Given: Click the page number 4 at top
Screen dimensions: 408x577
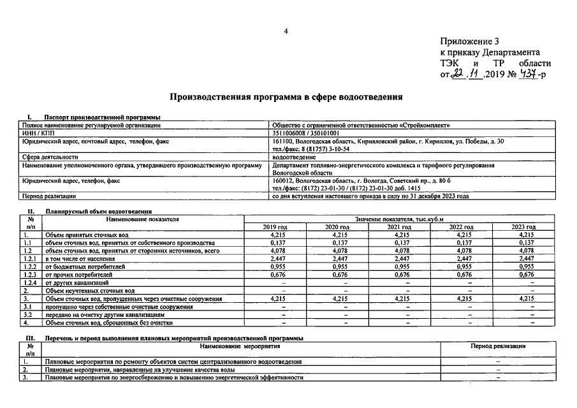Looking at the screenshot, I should coord(286,31).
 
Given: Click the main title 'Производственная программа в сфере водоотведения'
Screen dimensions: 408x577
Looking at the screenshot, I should coord(286,98).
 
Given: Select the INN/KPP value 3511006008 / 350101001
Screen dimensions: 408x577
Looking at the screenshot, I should coord(314,133).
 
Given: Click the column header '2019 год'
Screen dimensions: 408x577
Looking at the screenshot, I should coord(275,228).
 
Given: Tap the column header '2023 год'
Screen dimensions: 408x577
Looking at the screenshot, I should coord(523,228).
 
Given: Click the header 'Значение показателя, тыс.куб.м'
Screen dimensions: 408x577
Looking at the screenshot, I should coord(400,219).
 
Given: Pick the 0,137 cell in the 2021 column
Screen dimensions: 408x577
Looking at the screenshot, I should coord(400,243).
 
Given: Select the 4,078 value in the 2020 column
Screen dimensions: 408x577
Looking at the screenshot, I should coord(337,251).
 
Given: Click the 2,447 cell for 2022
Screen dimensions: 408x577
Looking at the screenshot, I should coord(461,259).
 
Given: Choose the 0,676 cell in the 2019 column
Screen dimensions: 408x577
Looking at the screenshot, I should coord(275,275).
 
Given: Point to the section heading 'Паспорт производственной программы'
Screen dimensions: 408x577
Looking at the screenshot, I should coord(102,117).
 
